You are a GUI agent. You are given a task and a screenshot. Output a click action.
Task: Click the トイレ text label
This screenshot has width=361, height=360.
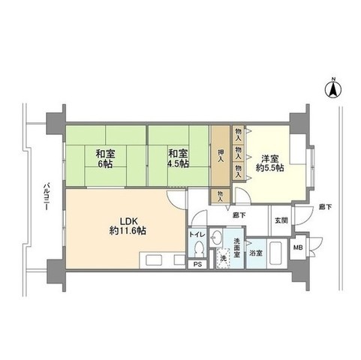point(197,233)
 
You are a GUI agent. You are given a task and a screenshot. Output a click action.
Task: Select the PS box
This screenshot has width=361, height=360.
point(198,264)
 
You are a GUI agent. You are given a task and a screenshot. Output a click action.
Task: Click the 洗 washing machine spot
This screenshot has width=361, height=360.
point(222,259)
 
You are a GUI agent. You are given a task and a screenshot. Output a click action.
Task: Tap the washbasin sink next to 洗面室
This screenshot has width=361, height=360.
point(217,240)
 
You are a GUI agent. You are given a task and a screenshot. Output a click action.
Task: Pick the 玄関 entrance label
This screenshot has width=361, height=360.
point(280,219)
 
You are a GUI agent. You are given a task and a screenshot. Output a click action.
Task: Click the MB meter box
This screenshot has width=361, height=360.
point(297,248)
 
